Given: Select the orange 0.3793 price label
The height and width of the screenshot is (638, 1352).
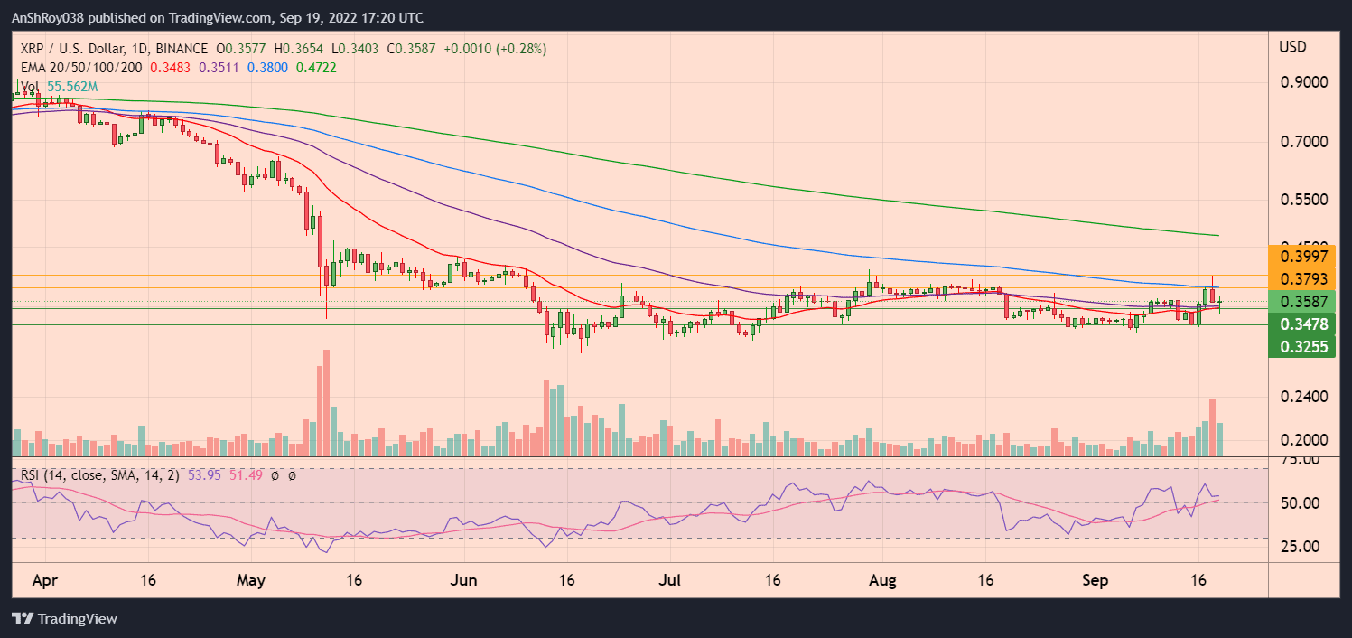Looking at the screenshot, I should (x=1303, y=278).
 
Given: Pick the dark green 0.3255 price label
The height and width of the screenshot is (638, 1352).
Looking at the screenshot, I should (x=1303, y=345).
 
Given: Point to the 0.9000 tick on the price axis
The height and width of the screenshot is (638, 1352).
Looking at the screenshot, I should (x=1303, y=82).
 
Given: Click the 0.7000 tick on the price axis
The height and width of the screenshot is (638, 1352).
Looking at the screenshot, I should (x=1303, y=142).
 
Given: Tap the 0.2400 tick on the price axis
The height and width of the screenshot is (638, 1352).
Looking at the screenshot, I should (x=1303, y=397).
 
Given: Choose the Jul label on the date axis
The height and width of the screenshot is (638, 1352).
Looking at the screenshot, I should (x=674, y=580).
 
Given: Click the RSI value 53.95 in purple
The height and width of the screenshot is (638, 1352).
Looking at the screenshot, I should (x=204, y=474).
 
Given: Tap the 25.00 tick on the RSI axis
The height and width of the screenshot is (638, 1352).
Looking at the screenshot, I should (x=1301, y=546).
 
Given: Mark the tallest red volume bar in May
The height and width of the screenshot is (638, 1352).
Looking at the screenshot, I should (x=326, y=403).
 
